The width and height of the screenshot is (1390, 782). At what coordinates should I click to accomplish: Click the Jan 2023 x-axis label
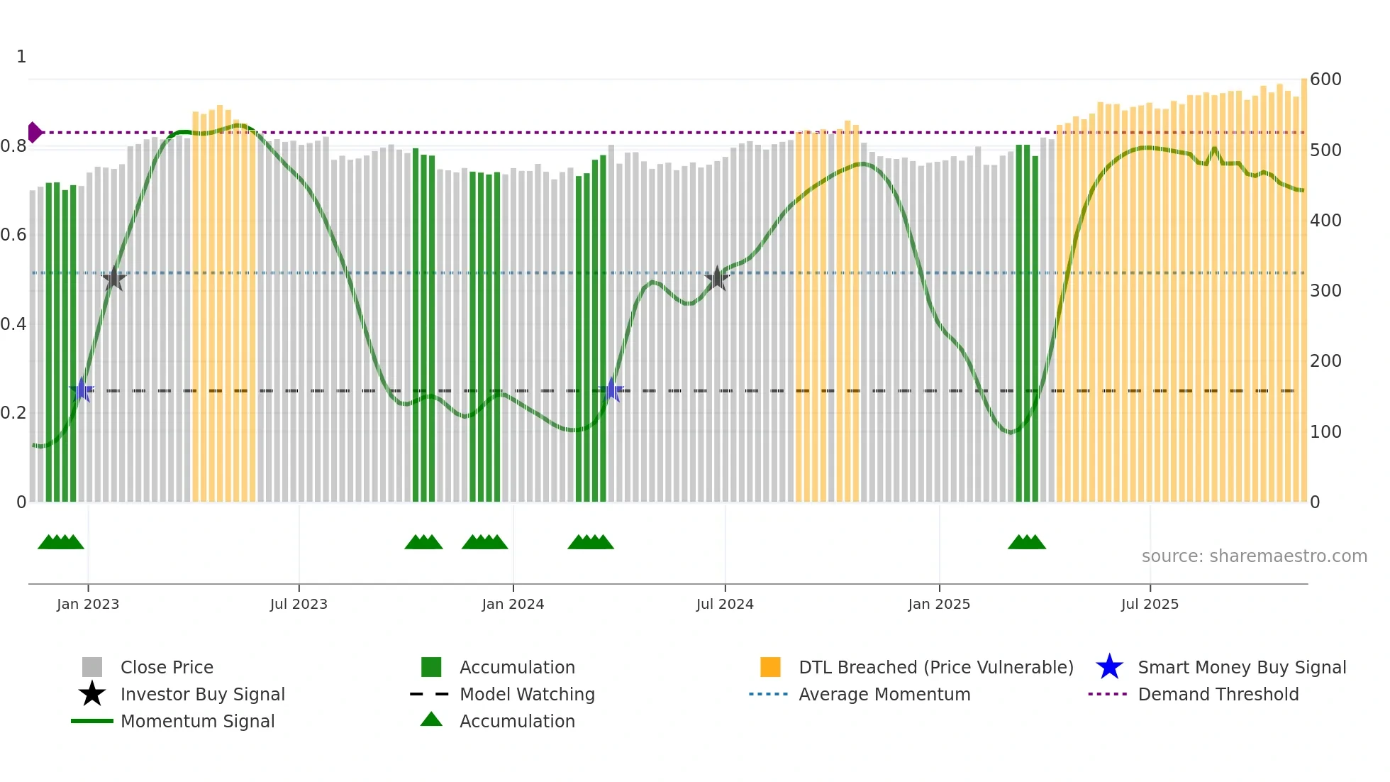pos(88,604)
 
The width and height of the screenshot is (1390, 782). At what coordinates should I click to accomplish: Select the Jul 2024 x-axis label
pos(725,604)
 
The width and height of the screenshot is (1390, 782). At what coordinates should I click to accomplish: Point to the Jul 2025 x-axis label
pos(1150,604)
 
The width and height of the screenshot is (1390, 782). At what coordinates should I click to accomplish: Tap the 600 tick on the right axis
pos(1325,79)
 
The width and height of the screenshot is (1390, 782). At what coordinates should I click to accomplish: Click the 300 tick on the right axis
pos(1325,290)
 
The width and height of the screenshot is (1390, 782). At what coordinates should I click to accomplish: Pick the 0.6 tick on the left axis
pos(13,235)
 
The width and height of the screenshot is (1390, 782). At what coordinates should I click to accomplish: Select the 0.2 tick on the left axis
pos(13,412)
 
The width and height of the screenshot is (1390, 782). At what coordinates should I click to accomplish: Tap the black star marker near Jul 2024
pos(717,278)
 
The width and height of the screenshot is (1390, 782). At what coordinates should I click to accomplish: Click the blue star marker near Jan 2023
pos(82,390)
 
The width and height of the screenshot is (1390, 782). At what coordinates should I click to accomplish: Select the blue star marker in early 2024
pos(611,390)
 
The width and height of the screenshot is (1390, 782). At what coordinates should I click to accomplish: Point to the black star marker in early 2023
pos(113,278)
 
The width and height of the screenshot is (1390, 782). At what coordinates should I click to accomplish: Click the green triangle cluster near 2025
pos(1026,542)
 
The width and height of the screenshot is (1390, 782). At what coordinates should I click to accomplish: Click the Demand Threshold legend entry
pos(1218,694)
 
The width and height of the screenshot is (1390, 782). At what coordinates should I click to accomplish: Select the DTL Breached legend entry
pos(935,667)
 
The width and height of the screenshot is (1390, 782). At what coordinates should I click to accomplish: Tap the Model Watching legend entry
pos(526,694)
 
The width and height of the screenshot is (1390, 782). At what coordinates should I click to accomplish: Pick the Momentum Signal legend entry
pos(197,721)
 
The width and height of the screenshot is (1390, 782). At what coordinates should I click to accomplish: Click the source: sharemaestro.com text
pos(1254,556)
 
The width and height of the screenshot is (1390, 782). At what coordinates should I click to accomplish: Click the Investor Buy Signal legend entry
pos(202,694)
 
